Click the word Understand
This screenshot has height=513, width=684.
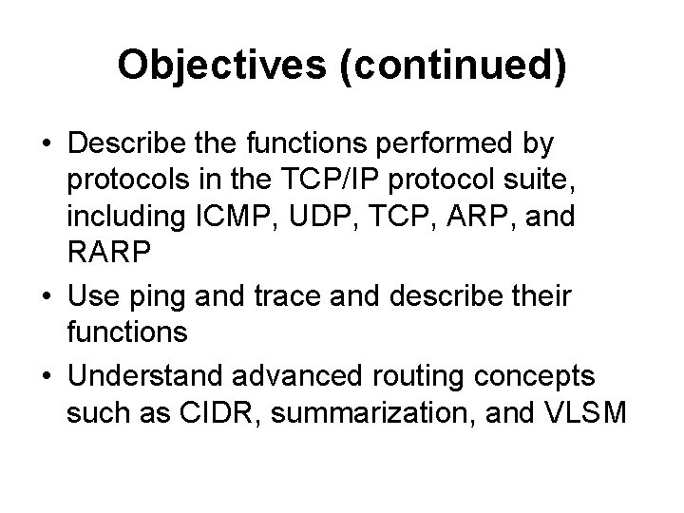(157, 377)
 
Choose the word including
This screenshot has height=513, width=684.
(123, 217)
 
